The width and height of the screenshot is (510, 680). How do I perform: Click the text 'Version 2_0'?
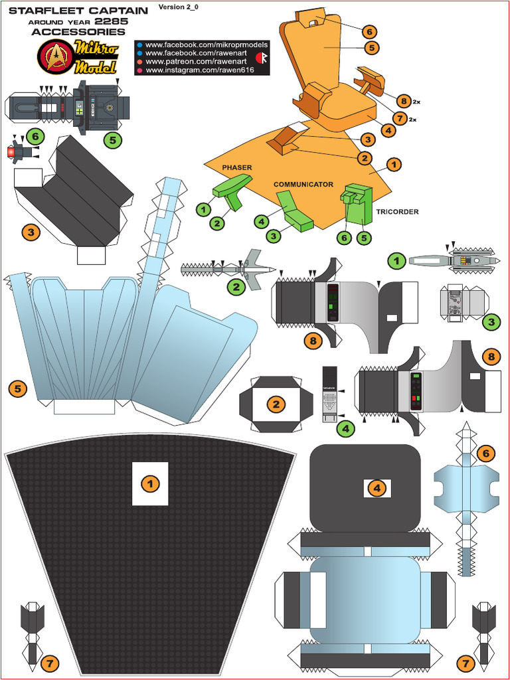(x=179, y=7)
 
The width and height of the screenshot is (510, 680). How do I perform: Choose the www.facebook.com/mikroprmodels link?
(x=206, y=44)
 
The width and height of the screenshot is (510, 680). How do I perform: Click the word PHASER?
(x=237, y=167)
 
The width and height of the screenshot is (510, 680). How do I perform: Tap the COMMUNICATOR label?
(x=303, y=184)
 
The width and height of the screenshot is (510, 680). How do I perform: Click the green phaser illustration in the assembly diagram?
(x=232, y=189)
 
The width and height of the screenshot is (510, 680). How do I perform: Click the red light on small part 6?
(x=11, y=153)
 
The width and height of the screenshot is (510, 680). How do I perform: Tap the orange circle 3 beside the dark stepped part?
(x=31, y=232)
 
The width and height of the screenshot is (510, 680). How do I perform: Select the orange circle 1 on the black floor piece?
(x=150, y=484)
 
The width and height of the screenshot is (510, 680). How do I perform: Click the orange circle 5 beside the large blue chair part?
(x=17, y=388)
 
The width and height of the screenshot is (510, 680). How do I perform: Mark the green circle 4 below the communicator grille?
(x=345, y=429)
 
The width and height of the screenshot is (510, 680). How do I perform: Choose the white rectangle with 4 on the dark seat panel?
(x=377, y=488)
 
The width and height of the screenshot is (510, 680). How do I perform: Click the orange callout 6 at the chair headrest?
(x=369, y=31)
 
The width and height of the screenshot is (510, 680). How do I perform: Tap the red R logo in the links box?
(x=261, y=58)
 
